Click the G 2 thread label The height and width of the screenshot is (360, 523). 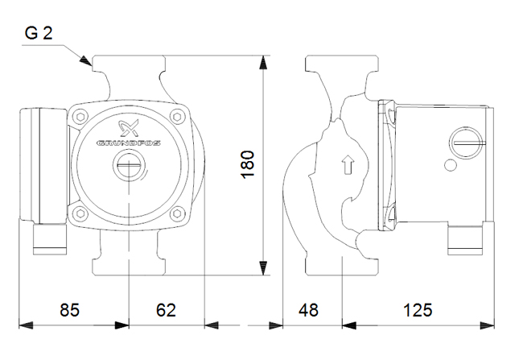(x=39, y=34)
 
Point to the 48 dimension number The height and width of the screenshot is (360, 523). (x=309, y=309)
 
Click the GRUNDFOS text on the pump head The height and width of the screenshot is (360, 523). (x=129, y=143)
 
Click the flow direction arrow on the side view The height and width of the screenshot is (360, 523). (x=346, y=166)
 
